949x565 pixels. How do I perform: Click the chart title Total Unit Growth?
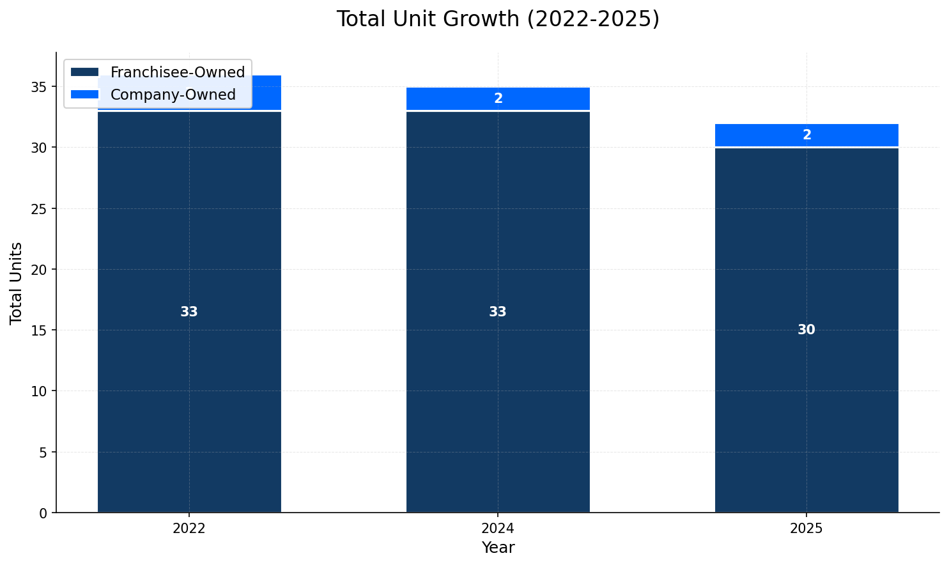tap(498, 19)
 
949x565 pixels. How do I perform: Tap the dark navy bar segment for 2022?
tap(189, 383)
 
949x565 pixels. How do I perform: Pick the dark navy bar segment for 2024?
tap(498, 383)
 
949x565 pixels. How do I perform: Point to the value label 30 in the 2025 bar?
tap(806, 330)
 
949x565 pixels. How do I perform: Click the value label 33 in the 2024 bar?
tap(498, 312)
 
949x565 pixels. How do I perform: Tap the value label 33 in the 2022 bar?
tap(189, 312)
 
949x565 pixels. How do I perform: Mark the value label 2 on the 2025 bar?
tap(806, 135)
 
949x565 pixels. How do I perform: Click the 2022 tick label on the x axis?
tap(189, 529)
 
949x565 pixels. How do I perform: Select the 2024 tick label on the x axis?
tap(498, 529)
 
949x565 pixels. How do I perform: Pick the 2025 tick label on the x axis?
tap(806, 529)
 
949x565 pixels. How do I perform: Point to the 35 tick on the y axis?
tap(40, 87)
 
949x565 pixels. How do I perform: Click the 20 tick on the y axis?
tap(40, 270)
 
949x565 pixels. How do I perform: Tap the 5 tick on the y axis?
tap(43, 453)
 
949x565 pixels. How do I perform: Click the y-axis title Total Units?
tap(17, 283)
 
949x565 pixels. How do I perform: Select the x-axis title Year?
tap(498, 548)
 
